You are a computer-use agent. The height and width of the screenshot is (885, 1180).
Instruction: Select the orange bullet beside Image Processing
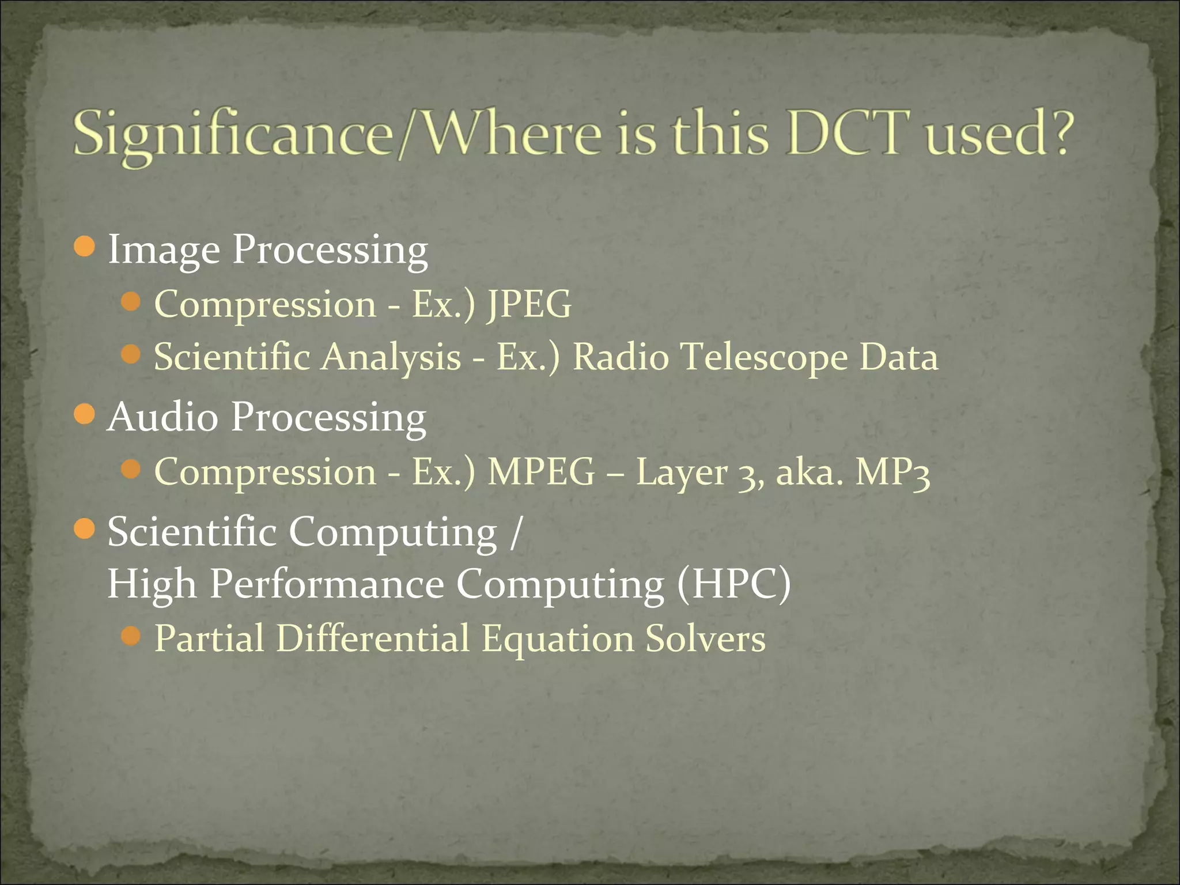(85, 247)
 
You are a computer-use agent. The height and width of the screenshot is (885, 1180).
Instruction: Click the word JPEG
(529, 304)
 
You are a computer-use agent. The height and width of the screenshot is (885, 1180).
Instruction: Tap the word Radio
(621, 357)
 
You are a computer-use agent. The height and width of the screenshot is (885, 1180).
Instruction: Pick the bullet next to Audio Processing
(85, 414)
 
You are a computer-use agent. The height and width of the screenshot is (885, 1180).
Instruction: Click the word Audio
(163, 416)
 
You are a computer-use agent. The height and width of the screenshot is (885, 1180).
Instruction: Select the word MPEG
(541, 472)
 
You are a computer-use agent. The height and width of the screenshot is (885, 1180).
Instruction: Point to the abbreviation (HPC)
(733, 584)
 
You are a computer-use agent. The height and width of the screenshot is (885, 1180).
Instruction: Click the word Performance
(327, 584)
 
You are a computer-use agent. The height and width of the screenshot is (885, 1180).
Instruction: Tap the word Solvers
(705, 638)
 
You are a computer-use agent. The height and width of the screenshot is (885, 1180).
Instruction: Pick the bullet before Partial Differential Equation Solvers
(132, 636)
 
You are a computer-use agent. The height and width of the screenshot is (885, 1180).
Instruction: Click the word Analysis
(391, 358)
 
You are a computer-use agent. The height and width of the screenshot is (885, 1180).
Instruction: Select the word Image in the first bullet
(164, 250)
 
